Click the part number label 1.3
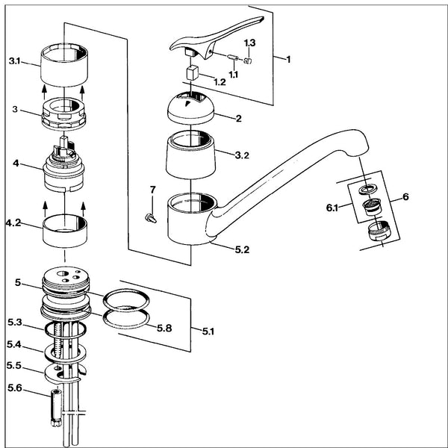click(249, 43)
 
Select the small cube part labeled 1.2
click(193, 72)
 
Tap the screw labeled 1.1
click(233, 57)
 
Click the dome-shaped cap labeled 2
click(190, 108)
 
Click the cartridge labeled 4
click(64, 166)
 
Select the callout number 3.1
click(14, 61)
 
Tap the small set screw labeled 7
click(151, 218)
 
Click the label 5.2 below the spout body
click(242, 249)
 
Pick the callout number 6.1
click(332, 208)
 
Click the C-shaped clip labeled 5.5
click(63, 374)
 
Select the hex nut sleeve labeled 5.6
click(56, 408)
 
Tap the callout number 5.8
click(164, 329)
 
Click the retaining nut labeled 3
click(64, 114)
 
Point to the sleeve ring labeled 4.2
click(65, 231)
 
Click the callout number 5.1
click(208, 332)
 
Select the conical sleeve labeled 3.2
click(190, 155)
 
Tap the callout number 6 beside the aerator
click(405, 196)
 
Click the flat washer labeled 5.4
click(65, 354)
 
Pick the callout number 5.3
click(15, 323)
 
